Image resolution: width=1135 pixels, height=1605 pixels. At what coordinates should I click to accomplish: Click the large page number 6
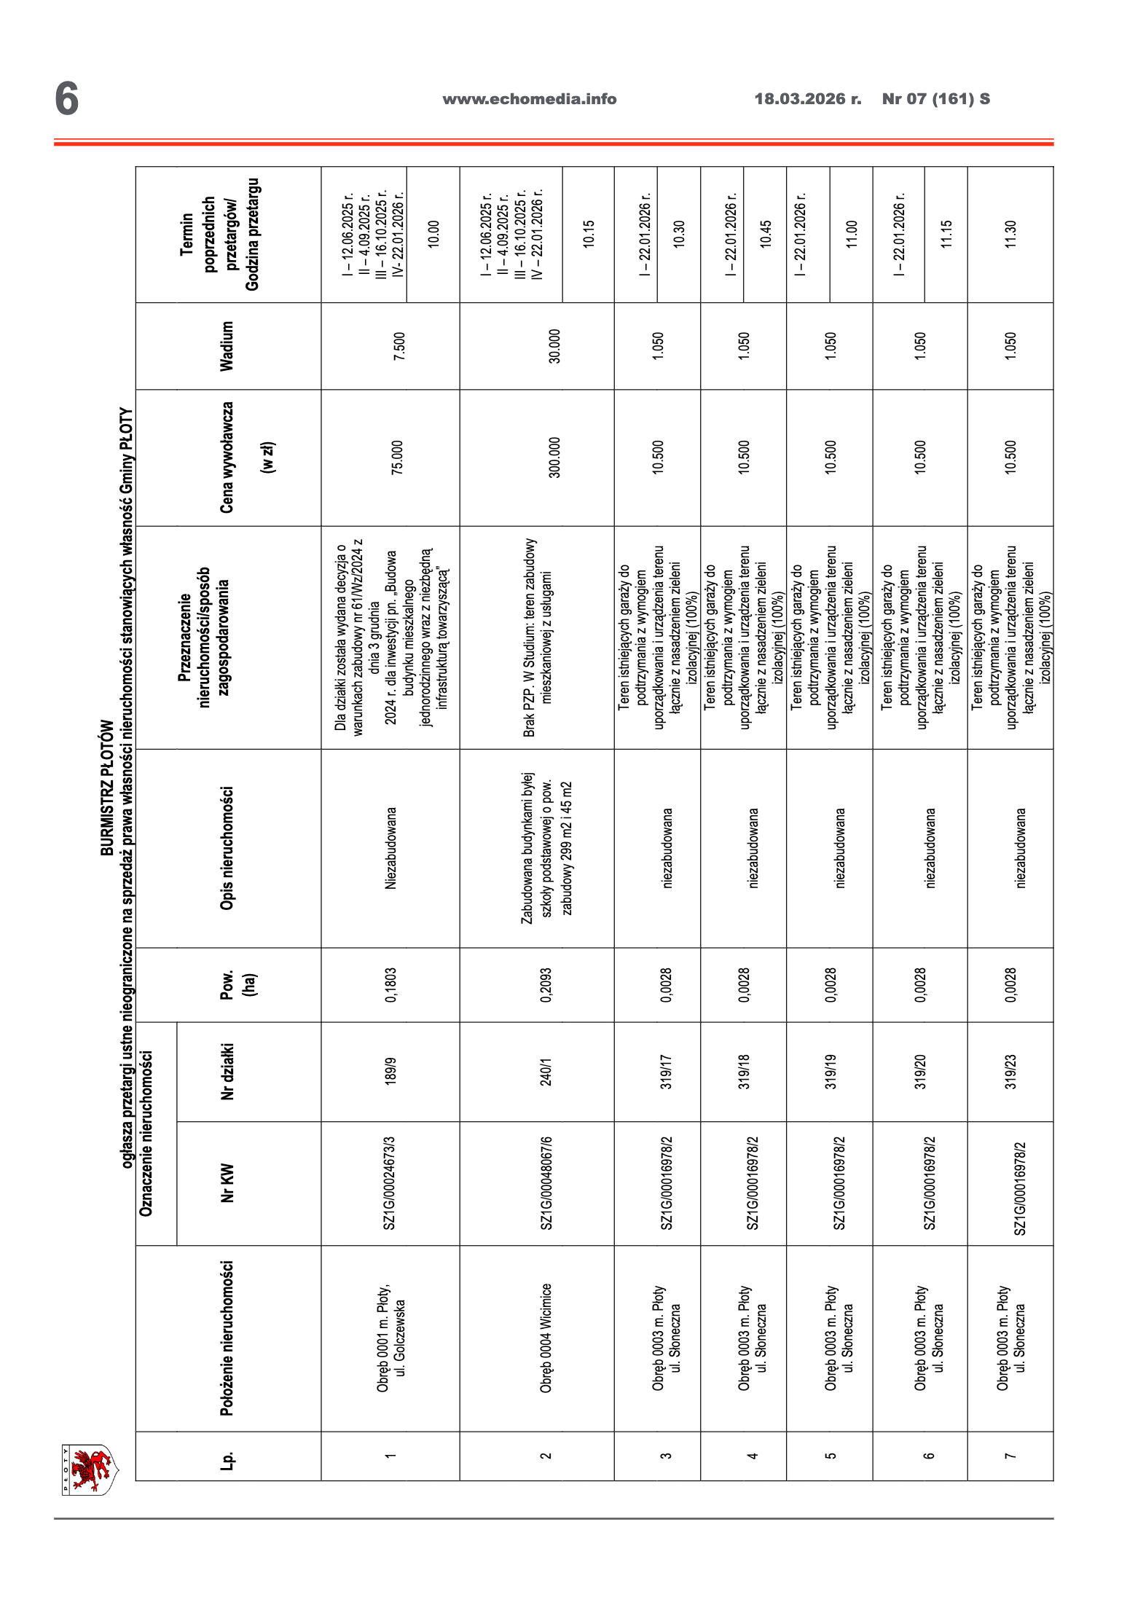[66, 99]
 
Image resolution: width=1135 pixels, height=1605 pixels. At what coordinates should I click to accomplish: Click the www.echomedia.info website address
[530, 99]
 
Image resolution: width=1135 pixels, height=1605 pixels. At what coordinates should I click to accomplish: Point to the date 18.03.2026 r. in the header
[807, 99]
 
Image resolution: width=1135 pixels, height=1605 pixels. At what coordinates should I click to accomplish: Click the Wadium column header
[227, 346]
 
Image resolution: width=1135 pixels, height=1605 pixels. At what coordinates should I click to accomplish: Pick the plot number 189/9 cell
[390, 1072]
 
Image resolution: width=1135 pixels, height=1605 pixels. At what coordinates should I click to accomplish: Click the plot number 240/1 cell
[546, 1072]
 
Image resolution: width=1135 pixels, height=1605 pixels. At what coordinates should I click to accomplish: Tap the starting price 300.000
[554, 458]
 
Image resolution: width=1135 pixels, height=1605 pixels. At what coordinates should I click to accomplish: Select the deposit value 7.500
[398, 347]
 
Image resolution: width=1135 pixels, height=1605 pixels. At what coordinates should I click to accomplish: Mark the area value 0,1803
[390, 985]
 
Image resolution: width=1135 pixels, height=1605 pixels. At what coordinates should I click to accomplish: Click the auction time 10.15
[589, 235]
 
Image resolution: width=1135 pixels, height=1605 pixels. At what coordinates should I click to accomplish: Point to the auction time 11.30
[1010, 235]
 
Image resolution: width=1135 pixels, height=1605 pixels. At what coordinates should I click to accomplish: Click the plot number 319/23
[1010, 1072]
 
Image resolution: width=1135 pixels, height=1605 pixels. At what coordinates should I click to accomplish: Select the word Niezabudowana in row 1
[390, 848]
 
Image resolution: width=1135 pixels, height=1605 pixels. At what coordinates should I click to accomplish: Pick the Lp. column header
[227, 1456]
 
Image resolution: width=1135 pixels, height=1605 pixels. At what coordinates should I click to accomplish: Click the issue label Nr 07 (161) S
[935, 99]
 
